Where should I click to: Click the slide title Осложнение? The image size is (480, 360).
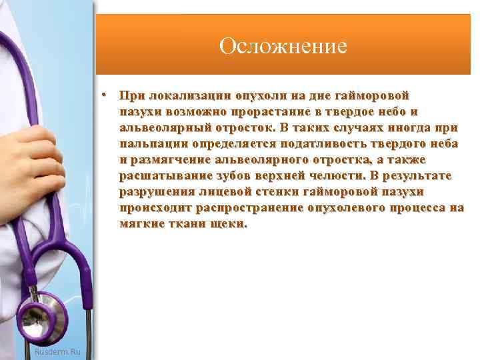coord(283,46)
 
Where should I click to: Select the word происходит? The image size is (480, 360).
coord(156,208)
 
